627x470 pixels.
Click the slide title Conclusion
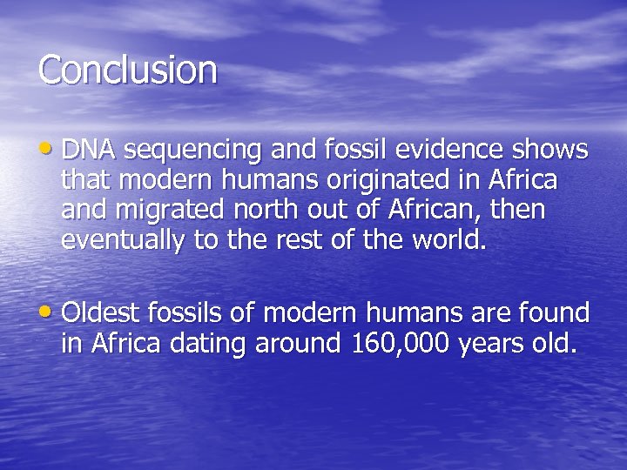(x=127, y=70)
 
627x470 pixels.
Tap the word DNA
(x=89, y=151)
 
